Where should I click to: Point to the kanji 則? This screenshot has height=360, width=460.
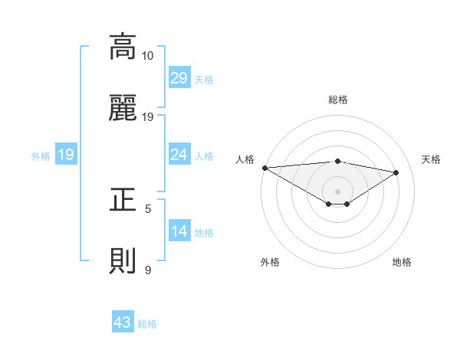click(x=123, y=261)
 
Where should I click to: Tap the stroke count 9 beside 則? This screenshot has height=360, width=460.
click(x=148, y=270)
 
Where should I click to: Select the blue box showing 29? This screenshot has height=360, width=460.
click(x=179, y=77)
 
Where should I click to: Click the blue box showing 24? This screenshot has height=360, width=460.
click(x=179, y=155)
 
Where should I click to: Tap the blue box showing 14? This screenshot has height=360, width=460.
click(x=179, y=231)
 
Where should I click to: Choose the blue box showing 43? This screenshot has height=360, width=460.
click(x=122, y=322)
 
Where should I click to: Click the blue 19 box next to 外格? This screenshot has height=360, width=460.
click(x=65, y=155)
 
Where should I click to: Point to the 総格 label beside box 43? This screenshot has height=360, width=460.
click(x=147, y=324)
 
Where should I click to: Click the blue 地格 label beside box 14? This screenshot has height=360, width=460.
click(x=204, y=233)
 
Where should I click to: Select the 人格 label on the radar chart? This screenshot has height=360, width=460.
click(x=244, y=159)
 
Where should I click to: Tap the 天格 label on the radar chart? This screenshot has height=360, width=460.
click(x=431, y=159)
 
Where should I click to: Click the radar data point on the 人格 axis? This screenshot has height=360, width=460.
click(x=264, y=168)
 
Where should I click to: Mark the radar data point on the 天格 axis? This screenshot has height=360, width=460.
click(x=396, y=172)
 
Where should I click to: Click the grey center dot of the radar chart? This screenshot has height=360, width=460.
click(x=337, y=190)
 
